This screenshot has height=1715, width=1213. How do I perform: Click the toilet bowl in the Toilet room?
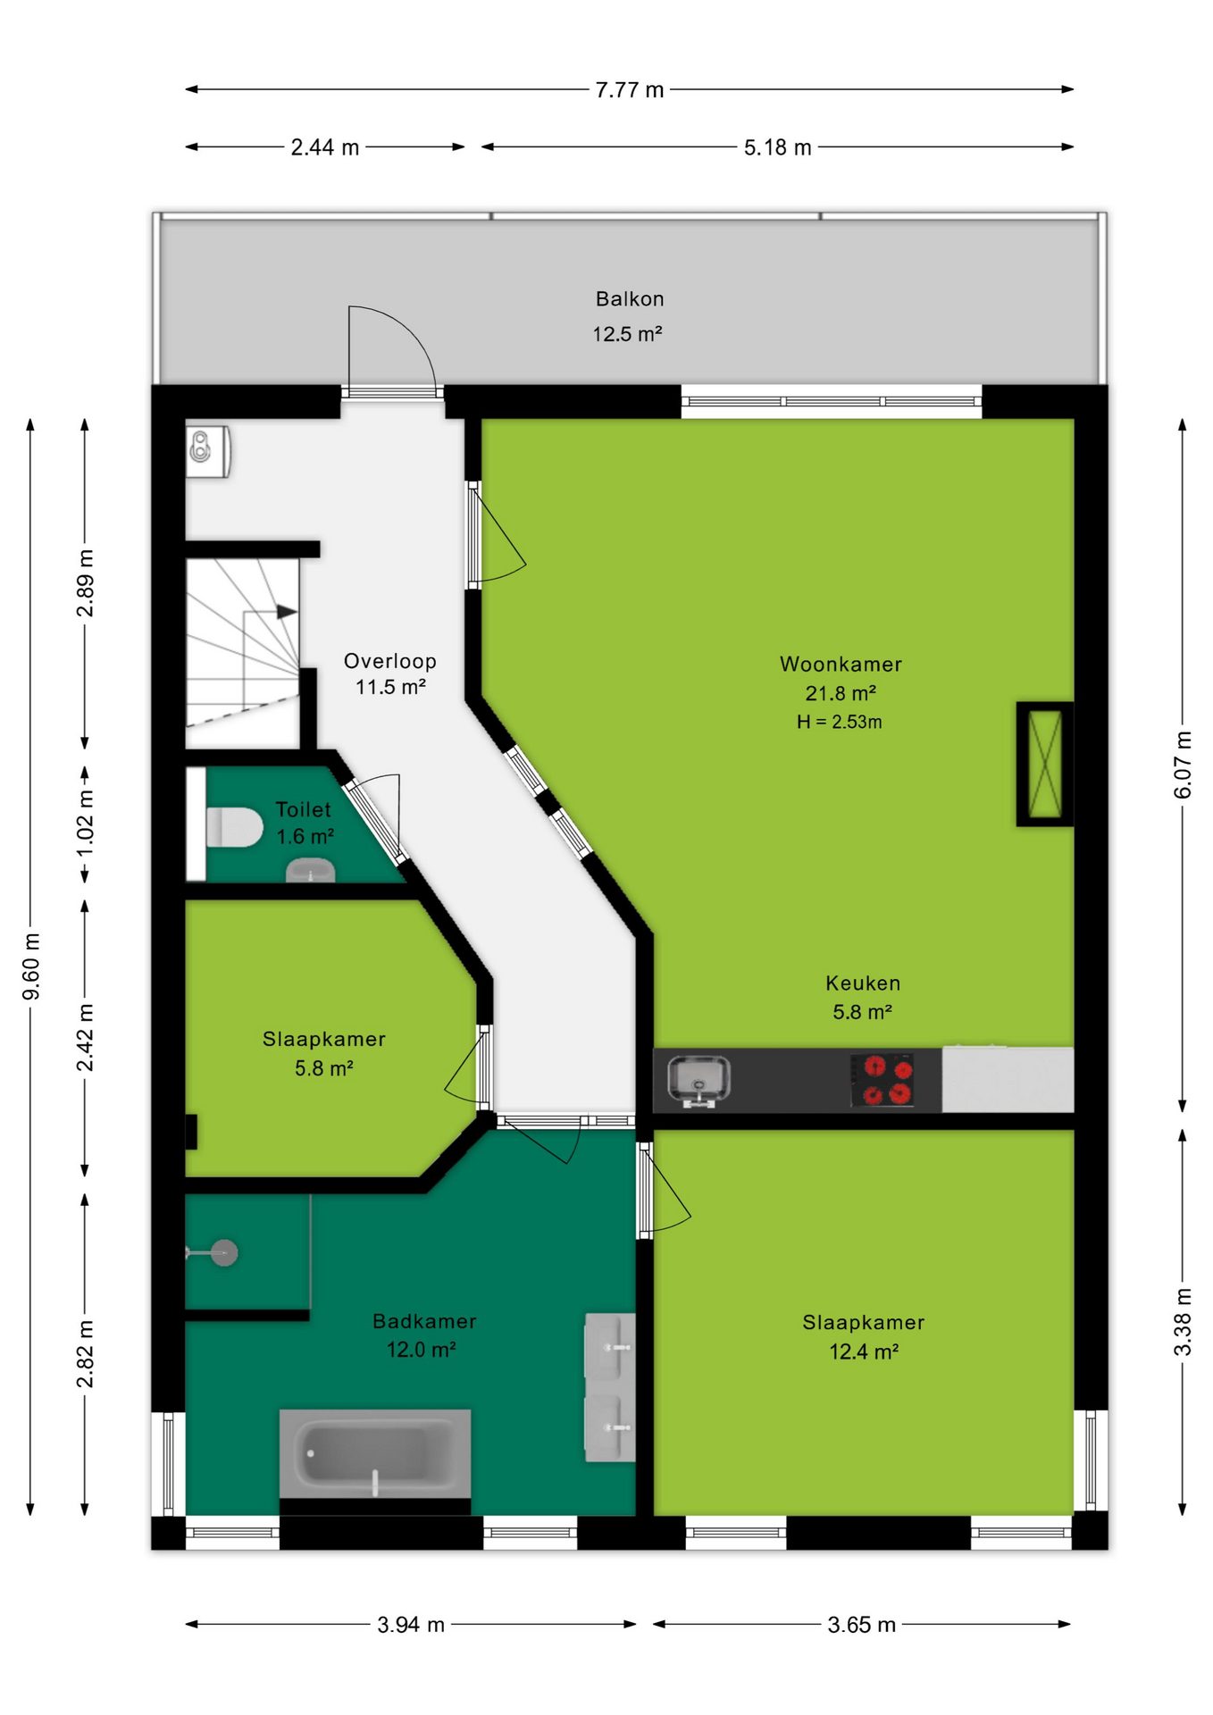tap(235, 827)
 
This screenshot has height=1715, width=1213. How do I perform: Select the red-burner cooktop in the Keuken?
tap(883, 1080)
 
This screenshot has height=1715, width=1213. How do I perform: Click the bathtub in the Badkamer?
tap(375, 1453)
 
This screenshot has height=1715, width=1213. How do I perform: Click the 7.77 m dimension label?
tap(630, 90)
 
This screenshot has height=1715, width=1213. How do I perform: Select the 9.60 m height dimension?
tap(31, 967)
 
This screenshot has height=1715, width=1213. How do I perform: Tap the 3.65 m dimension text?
tap(861, 1625)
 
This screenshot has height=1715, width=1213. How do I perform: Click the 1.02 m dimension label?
tap(85, 823)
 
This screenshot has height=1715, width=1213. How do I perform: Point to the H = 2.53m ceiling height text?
tap(840, 722)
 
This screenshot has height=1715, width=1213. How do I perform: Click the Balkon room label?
tap(630, 299)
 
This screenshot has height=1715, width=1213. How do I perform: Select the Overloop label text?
tap(390, 661)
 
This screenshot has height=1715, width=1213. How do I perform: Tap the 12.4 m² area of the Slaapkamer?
tap(864, 1351)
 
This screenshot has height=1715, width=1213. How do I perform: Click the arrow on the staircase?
tap(286, 612)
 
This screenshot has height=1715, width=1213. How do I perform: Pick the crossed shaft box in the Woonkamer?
tap(1045, 764)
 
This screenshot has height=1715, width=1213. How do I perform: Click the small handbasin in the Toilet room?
tap(310, 870)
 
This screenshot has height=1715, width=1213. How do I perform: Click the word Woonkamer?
tap(841, 664)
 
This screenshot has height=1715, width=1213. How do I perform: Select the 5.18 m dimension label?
tap(777, 147)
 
